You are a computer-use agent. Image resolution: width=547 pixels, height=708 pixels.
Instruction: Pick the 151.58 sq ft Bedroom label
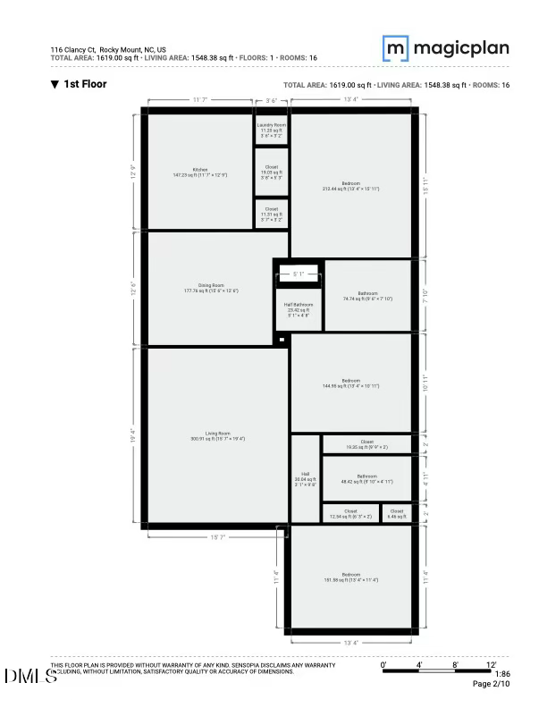pos(351,577)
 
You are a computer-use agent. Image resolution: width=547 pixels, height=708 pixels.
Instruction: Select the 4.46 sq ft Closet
pos(398,513)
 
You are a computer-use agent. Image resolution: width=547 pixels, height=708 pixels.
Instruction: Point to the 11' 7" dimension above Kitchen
pos(200,100)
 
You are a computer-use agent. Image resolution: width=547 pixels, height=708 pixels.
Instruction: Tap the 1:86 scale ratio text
pos(503,674)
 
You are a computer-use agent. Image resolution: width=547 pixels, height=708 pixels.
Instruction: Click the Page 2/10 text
pos(490,685)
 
